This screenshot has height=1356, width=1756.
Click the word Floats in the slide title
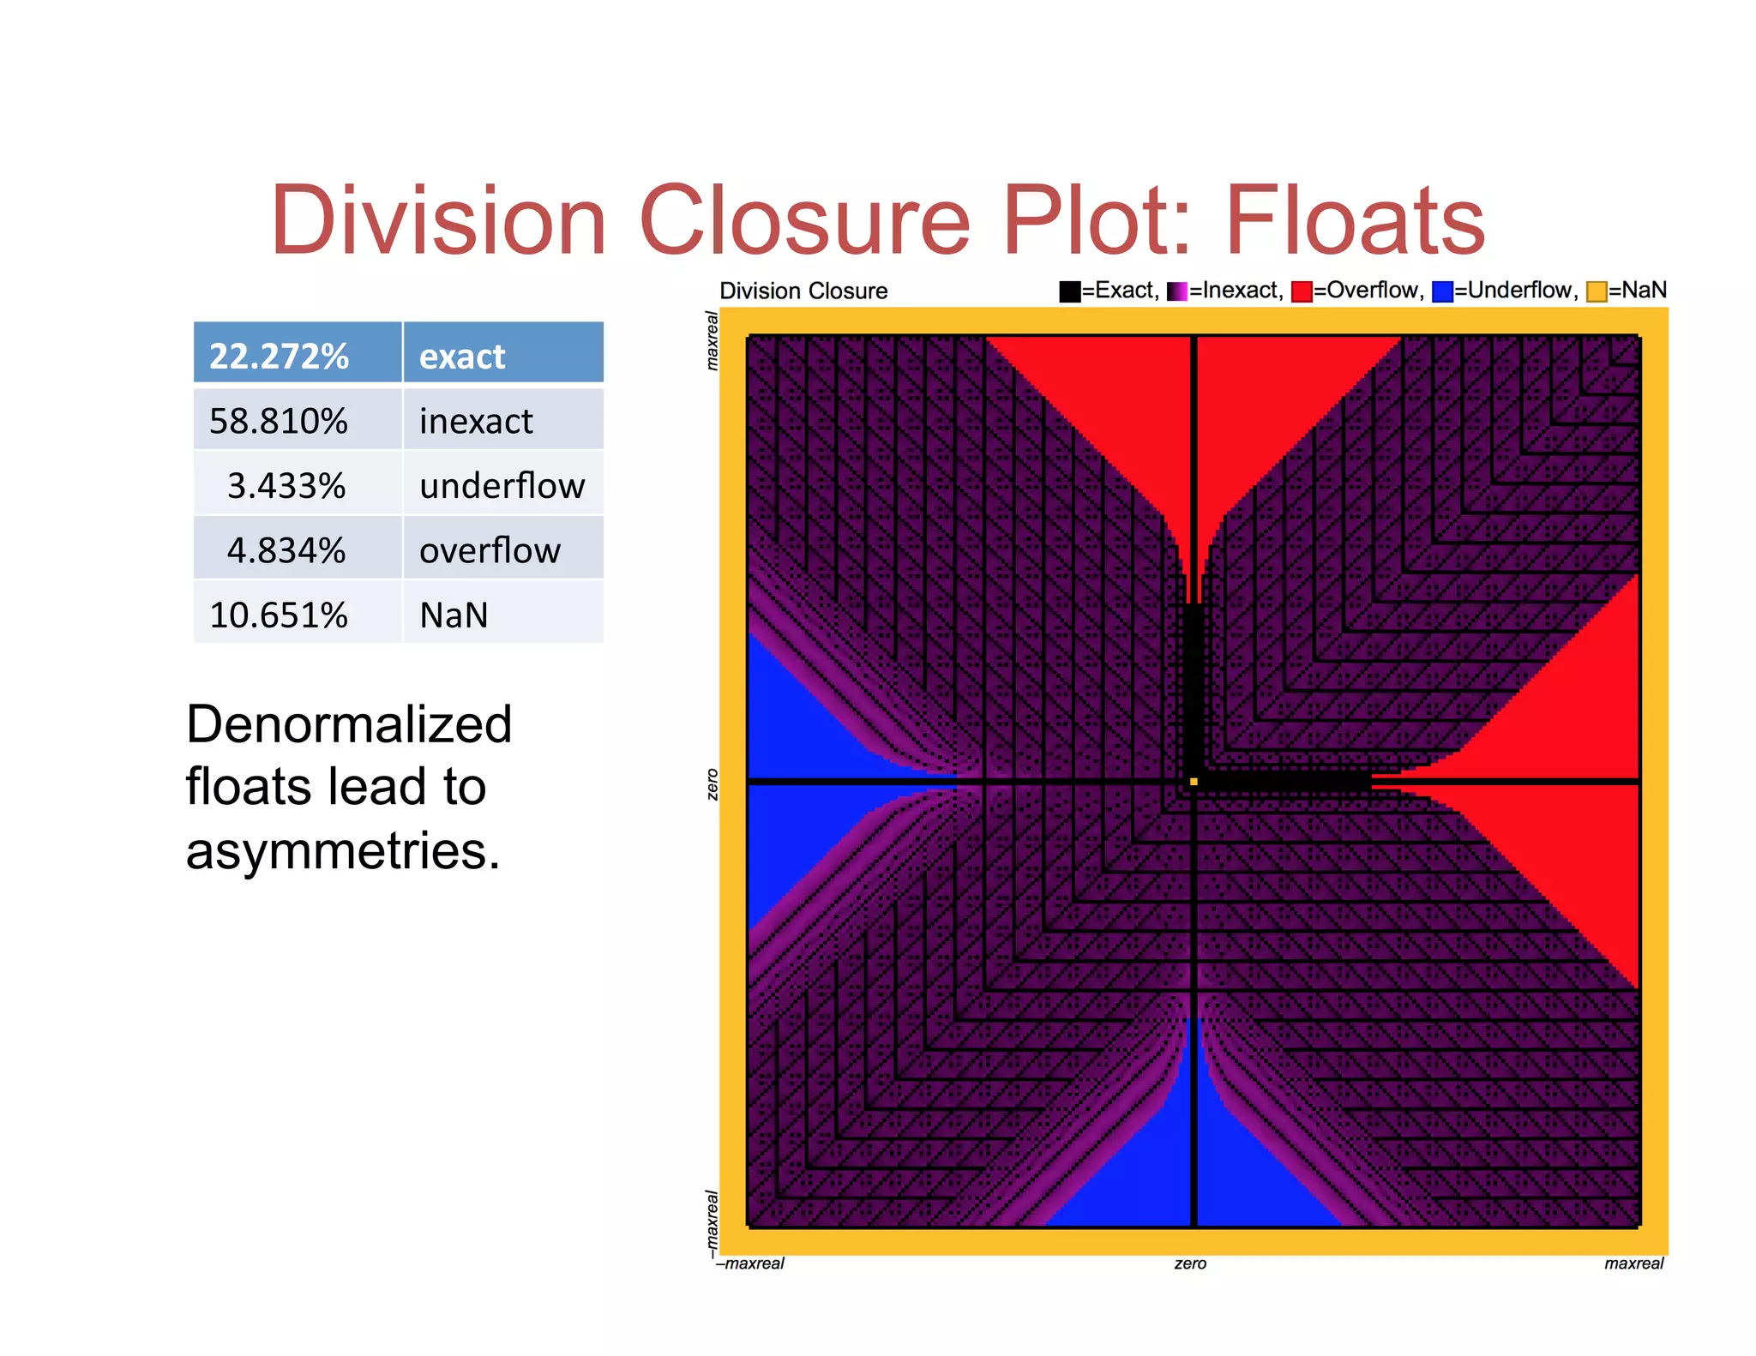1355,221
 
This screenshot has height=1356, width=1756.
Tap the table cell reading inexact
476,421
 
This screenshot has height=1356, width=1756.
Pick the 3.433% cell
286,486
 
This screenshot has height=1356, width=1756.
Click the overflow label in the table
490,550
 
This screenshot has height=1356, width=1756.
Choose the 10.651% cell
280,615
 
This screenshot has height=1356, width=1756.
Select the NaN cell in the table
454,615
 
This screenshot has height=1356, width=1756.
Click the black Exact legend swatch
1069,291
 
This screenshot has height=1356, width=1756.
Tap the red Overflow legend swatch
1302,291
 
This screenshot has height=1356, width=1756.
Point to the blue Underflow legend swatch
1442,291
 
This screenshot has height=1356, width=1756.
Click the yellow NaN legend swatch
1597,291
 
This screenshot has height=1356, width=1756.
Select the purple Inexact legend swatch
1177,291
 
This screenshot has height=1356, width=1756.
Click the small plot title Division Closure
803,291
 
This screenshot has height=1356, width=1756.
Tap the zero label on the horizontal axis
1190,1263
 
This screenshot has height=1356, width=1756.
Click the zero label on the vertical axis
712,784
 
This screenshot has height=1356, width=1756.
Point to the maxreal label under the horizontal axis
1633,1263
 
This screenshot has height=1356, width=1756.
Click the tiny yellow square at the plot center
1194,782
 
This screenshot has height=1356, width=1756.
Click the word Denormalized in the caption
349,724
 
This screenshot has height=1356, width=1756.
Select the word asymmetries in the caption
342,851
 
